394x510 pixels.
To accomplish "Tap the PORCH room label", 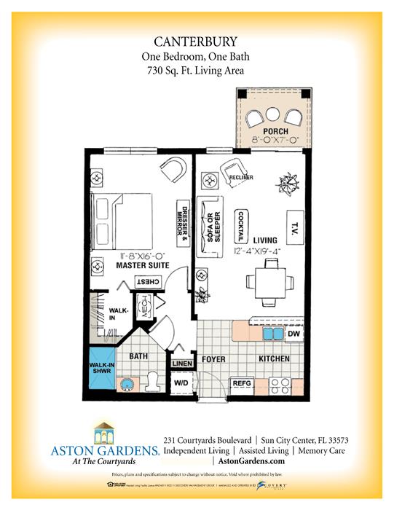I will point(267,132).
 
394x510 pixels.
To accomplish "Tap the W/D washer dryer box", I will point(181,382).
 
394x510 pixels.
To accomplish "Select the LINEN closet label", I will point(181,364).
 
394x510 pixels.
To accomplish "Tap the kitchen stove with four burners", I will point(281,382).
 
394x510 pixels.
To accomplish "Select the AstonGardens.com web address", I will point(248,461).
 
